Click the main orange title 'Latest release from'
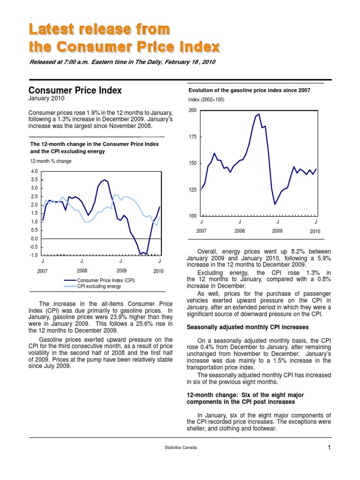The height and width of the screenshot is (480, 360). click(x=99, y=29)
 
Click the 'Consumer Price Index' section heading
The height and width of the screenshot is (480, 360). click(x=75, y=90)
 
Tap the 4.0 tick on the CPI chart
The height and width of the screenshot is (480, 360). click(x=34, y=172)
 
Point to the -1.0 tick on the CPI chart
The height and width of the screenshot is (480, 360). click(x=34, y=255)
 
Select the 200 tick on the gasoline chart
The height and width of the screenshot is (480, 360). click(x=192, y=110)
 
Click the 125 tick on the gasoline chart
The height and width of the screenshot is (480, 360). click(x=192, y=190)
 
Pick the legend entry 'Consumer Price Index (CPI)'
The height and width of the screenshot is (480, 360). click(x=106, y=280)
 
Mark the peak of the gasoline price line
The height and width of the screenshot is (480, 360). click(x=259, y=114)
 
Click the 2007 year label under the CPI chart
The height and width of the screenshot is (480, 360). click(x=43, y=271)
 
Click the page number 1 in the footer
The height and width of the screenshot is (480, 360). click(x=330, y=448)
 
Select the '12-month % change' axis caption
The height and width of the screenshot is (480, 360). click(x=51, y=161)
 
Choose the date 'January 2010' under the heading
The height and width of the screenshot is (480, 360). click(x=46, y=99)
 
